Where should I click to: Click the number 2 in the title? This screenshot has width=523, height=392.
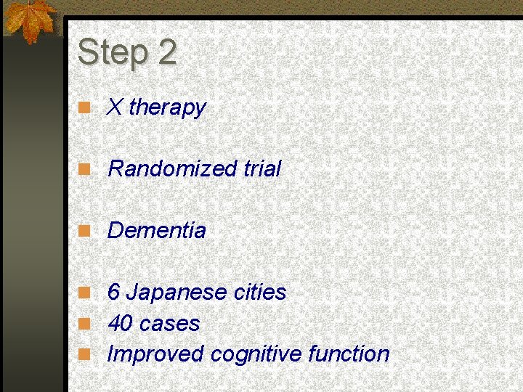pyautogui.click(x=166, y=52)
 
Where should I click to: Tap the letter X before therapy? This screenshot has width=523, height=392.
pyautogui.click(x=115, y=107)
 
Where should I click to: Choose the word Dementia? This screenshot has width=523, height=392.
pyautogui.click(x=157, y=231)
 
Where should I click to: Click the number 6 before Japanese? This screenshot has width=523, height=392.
pyautogui.click(x=113, y=293)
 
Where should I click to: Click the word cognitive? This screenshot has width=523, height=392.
pyautogui.click(x=256, y=354)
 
